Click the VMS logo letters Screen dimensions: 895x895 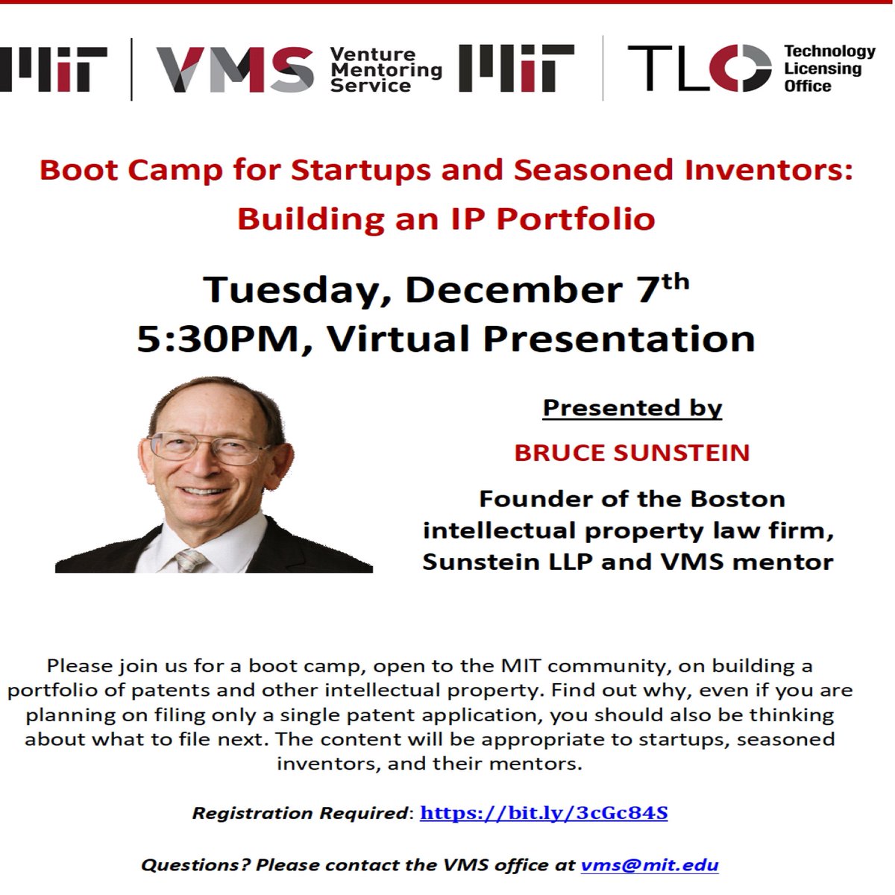tap(235, 69)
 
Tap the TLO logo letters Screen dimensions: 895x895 tap(700, 69)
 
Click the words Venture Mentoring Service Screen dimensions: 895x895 tap(386, 70)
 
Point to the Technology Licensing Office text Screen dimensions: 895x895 tap(829, 69)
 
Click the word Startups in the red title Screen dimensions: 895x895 tap(361, 171)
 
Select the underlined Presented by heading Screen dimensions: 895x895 tap(632, 409)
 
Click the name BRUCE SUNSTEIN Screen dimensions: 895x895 tap(632, 453)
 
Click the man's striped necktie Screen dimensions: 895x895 tap(190, 560)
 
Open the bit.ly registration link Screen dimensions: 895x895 tap(544, 813)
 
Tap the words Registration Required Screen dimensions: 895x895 tap(300, 813)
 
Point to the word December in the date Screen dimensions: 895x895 tap(514, 290)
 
